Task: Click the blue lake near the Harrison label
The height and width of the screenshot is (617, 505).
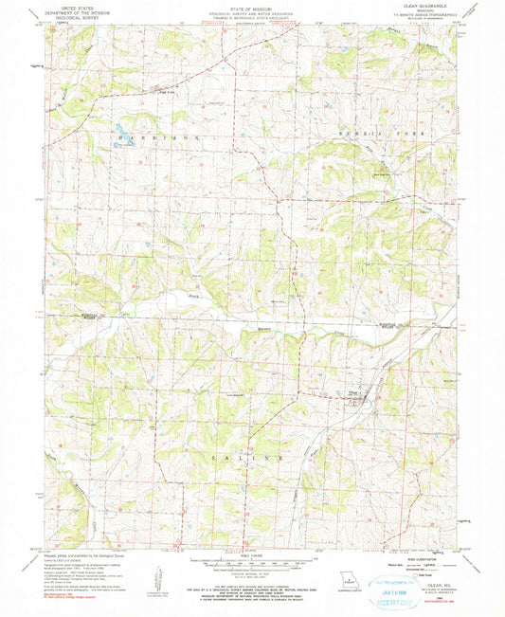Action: [x=119, y=130]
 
